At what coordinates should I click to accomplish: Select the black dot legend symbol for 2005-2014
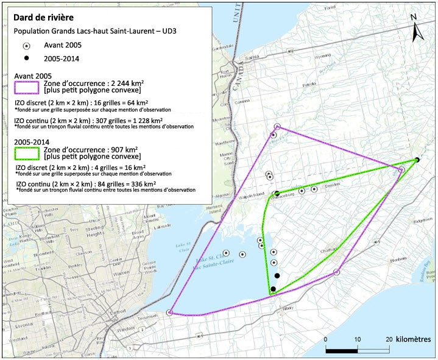pyautogui.click(x=26, y=60)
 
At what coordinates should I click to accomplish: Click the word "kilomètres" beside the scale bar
pyautogui.click(x=415, y=339)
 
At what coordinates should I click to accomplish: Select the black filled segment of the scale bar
pyautogui.click(x=342, y=350)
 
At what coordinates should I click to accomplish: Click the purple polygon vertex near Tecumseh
pyautogui.click(x=169, y=312)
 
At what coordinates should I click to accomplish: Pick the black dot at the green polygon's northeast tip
pyautogui.click(x=417, y=160)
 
